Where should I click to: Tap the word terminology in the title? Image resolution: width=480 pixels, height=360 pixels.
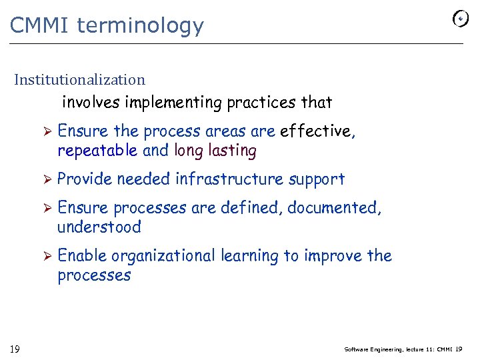[140, 25]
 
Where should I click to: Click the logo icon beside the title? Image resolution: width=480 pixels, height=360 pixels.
[460, 19]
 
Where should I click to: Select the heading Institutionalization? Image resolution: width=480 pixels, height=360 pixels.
[80, 80]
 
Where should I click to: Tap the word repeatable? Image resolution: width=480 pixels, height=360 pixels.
[98, 151]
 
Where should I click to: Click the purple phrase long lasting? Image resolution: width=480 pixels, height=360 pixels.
[215, 151]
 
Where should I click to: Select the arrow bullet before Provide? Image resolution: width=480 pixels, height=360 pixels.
[47, 179]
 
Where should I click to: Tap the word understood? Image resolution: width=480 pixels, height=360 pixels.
[99, 227]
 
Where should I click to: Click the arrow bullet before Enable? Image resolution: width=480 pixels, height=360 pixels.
[47, 256]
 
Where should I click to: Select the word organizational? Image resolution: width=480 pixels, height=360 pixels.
[163, 256]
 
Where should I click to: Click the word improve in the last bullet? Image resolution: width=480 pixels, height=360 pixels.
[339, 256]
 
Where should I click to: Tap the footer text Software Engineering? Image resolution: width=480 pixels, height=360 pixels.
[373, 349]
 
